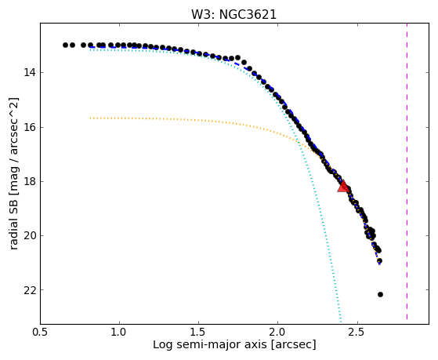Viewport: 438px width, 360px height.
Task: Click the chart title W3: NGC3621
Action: pos(233,15)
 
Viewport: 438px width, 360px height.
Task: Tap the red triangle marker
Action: pos(342,186)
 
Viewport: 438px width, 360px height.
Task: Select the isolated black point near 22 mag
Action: pos(380,294)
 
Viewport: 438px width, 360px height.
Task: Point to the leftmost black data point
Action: pos(65,45)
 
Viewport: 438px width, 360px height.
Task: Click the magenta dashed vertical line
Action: pos(407,172)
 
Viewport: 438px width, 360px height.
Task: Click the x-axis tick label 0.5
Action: pos(41,332)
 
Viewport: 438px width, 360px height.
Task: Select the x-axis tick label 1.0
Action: pos(120,332)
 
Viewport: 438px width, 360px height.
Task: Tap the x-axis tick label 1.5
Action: pos(198,332)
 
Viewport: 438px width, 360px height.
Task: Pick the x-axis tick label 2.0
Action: pos(278,332)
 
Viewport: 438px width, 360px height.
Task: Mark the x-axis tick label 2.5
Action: pos(357,332)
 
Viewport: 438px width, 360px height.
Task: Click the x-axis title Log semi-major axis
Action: pos(210,344)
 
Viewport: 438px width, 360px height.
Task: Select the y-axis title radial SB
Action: pos(14,222)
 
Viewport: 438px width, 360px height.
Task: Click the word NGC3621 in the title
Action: pos(248,15)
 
